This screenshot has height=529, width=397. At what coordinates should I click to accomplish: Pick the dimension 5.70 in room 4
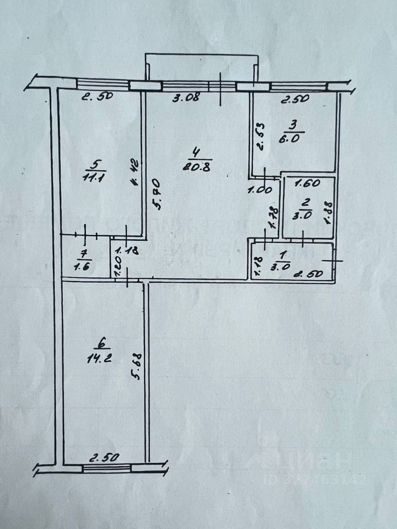[x=155, y=193]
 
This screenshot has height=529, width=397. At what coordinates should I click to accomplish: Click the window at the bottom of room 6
[x=107, y=468]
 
